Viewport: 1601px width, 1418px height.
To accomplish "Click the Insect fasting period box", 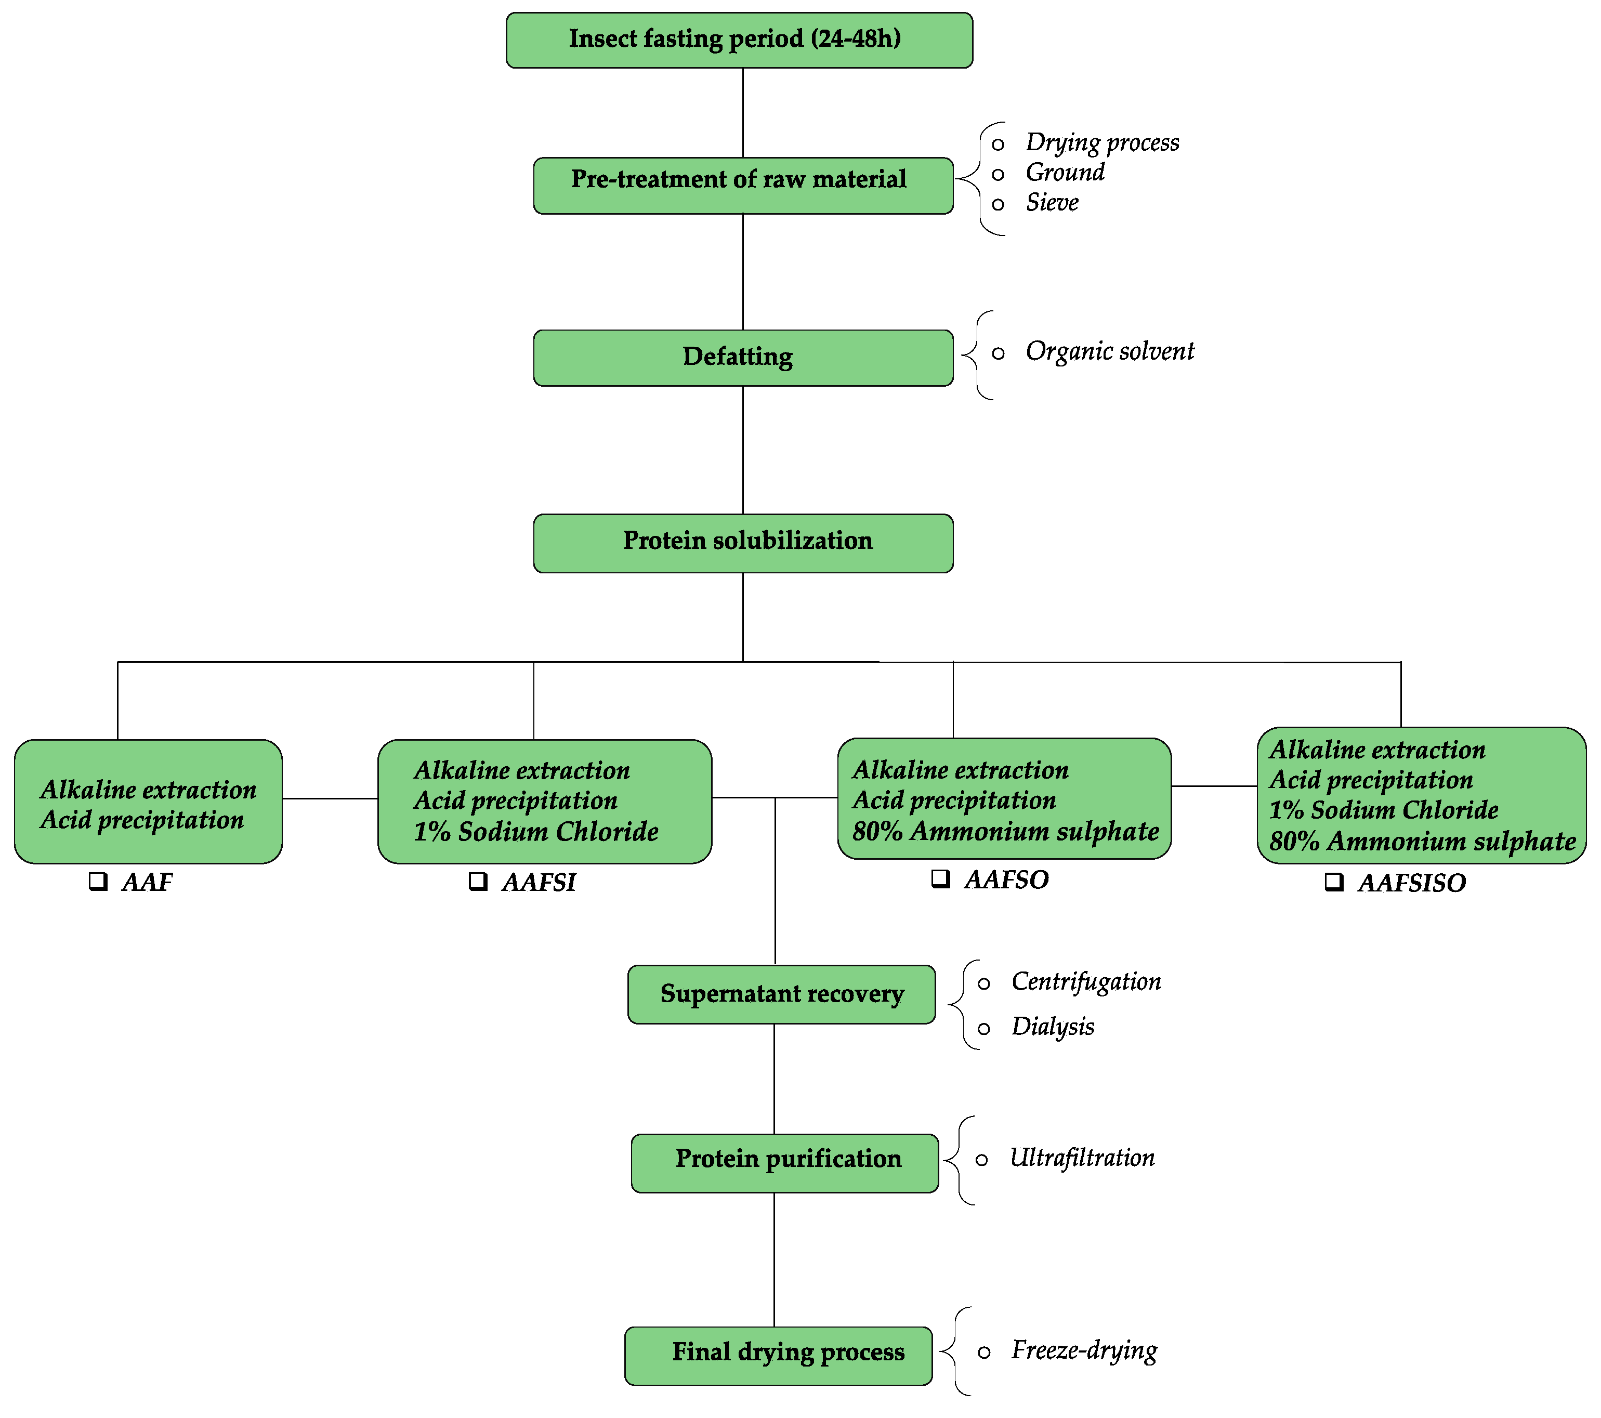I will coord(739,40).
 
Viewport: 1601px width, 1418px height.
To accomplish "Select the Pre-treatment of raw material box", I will coord(742,186).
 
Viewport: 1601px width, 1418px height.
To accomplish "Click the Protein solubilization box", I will coord(742,543).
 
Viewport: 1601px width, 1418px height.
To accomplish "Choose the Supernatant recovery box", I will coord(781,994).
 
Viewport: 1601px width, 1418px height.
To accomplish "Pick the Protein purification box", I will coord(784,1163).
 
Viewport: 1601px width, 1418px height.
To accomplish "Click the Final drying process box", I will coord(778,1355).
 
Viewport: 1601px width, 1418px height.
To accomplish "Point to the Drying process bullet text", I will coord(1101,142).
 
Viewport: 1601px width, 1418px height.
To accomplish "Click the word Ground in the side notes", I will coord(1065,173).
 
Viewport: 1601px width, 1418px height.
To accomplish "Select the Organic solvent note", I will coord(1109,351).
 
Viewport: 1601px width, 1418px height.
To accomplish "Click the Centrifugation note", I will coord(1085,981).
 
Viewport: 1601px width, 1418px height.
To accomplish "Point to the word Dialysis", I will coord(1052,1026).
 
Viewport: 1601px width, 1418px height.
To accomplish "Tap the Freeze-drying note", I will coord(1083,1350).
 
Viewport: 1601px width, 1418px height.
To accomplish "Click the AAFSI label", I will coord(539,883).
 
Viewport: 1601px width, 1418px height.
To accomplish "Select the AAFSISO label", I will coord(1411,883).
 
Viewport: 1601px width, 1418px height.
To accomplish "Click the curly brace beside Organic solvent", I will coord(976,355).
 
